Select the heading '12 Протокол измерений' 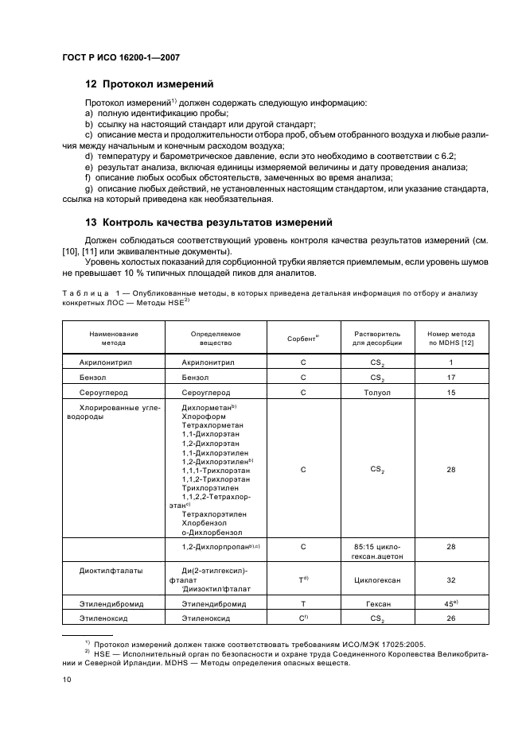click(150, 83)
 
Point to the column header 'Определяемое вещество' click(216, 339)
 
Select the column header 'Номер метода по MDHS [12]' click(450, 339)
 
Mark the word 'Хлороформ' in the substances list click(205, 416)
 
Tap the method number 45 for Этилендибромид click(450, 603)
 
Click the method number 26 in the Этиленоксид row click(451, 618)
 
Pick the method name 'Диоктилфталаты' click(107, 571)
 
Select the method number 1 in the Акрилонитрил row click(451, 362)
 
